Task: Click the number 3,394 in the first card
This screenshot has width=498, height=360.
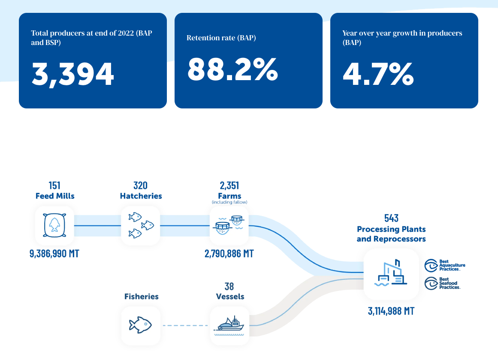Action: click(73, 74)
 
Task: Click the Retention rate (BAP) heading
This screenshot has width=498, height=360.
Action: click(221, 38)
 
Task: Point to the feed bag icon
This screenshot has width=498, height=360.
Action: click(54, 225)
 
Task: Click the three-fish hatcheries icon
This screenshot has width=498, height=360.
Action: click(141, 225)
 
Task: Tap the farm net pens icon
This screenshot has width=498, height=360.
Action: click(229, 225)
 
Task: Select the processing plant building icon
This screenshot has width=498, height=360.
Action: click(391, 274)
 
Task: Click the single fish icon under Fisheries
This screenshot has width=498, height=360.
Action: click(140, 325)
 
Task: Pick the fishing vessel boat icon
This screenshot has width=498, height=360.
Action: click(230, 325)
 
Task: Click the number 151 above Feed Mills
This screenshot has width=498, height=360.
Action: click(54, 186)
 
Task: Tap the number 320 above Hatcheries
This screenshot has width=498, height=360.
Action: click(141, 186)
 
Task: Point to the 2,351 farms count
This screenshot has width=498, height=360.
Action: click(229, 186)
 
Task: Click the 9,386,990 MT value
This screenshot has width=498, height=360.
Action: click(54, 254)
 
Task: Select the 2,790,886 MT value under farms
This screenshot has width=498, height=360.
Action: click(229, 254)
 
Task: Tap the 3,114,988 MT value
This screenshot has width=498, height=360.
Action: click(391, 311)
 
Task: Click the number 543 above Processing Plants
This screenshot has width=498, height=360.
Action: click(391, 218)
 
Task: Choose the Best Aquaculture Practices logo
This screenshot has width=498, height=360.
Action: click(445, 265)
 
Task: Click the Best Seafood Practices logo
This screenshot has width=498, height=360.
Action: click(442, 283)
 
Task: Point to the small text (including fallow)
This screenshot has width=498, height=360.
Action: click(229, 202)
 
